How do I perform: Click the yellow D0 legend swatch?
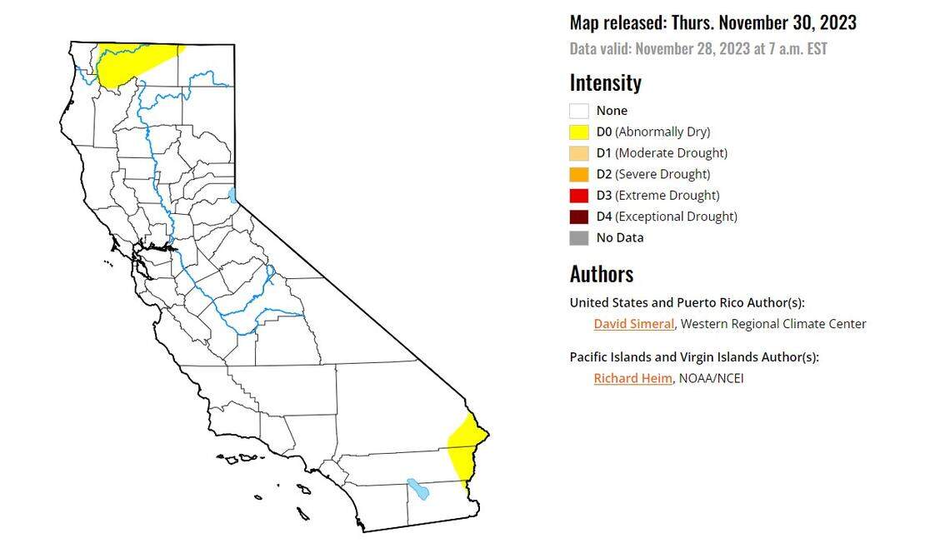coord(579,132)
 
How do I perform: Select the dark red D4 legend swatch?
coord(579,217)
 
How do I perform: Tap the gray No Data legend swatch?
coord(579,237)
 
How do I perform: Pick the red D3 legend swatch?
coord(579,195)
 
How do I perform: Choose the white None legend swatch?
coord(579,111)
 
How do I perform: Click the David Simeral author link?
coord(633,324)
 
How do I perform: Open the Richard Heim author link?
coord(632,378)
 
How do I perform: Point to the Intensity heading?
coord(606,82)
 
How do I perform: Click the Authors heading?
coord(602,274)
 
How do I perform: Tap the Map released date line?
coord(712,22)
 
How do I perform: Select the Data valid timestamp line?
coord(698,48)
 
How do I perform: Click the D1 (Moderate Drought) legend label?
coord(662,153)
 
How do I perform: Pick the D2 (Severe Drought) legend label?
coord(653,174)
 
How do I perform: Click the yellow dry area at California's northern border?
coord(133,60)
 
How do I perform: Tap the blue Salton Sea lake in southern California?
coord(417,488)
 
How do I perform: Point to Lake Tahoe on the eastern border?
coord(232,195)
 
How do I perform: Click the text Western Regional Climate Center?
coord(773,324)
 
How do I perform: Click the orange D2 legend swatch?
coord(579,174)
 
